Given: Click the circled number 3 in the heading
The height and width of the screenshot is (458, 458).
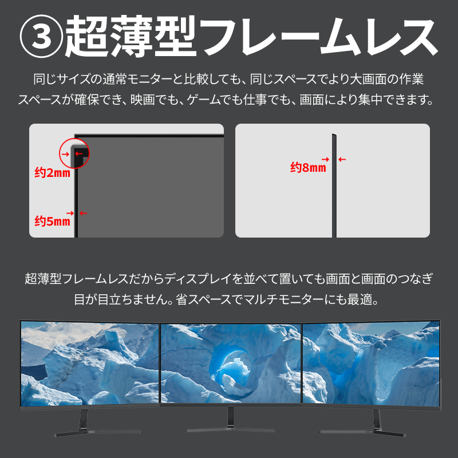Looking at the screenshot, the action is [41, 36].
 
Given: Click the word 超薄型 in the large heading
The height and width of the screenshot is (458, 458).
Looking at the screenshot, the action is [131, 36].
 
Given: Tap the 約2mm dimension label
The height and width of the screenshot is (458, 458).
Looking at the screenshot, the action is [53, 173].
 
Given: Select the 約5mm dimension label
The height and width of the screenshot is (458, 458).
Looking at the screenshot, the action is [53, 221].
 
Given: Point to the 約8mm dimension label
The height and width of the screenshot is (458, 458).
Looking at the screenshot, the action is [308, 167].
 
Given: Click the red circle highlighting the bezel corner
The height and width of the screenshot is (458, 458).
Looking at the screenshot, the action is [60, 153].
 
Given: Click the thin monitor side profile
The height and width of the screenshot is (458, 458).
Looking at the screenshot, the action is [334, 185].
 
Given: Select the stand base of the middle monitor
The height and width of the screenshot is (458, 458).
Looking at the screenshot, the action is [230, 430].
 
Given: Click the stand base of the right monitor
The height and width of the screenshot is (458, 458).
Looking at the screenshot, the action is [362, 433].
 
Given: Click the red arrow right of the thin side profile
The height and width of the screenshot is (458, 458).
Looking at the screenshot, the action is [342, 160].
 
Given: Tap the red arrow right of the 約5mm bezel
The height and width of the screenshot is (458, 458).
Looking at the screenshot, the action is [83, 213].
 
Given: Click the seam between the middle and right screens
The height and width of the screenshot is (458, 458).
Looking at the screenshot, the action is [302, 364].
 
